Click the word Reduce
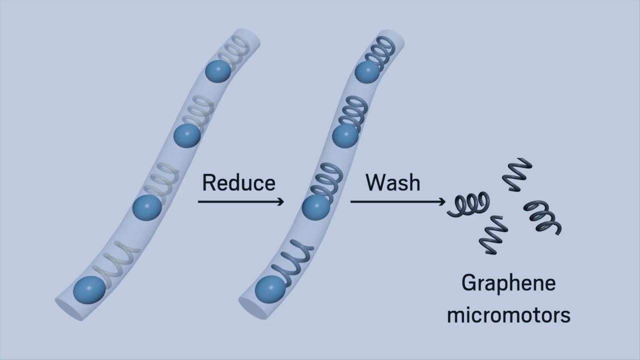(x=238, y=182)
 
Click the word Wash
(x=392, y=182)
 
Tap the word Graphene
(x=508, y=283)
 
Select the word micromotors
(x=508, y=315)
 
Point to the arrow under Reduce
(x=241, y=201)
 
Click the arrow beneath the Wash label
(x=397, y=201)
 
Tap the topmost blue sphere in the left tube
(x=218, y=71)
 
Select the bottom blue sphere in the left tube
(x=89, y=289)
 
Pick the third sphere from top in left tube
(x=147, y=208)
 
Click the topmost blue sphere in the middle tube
(x=367, y=72)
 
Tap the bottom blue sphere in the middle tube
(x=269, y=289)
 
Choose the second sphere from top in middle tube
(x=345, y=135)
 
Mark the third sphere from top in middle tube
(x=316, y=207)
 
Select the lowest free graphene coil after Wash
(x=494, y=234)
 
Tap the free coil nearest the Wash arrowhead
(x=468, y=204)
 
